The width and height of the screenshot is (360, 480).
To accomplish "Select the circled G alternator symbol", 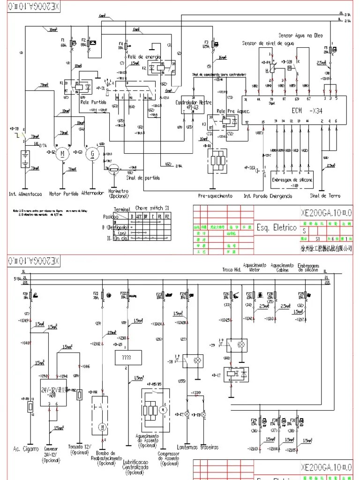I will tap(92, 154).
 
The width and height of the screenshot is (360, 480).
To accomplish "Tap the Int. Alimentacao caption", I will tap(25, 194).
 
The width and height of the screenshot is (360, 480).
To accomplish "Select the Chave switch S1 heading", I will tap(152, 207).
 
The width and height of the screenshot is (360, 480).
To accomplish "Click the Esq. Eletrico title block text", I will tap(276, 228).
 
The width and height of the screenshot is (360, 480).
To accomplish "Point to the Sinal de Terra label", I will tap(325, 195).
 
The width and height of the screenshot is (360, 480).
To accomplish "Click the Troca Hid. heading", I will tap(232, 270).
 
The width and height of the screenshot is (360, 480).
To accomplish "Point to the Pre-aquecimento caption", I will tap(215, 196).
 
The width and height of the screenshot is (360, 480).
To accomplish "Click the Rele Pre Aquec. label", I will tap(233, 111).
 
